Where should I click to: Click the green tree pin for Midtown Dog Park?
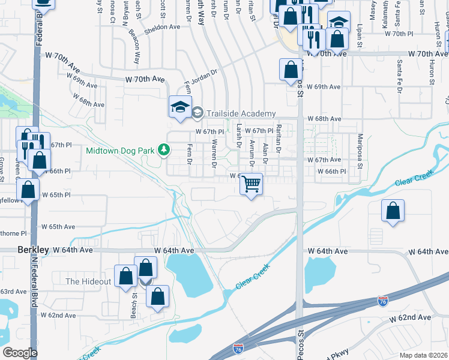[x=163, y=149]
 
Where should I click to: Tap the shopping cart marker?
[x=251, y=184]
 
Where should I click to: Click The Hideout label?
[x=88, y=281]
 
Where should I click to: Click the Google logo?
[x=20, y=353]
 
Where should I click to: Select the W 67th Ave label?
[x=324, y=160]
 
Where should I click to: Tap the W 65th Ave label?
[x=58, y=227]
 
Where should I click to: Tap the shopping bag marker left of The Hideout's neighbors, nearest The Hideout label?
[x=126, y=277]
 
